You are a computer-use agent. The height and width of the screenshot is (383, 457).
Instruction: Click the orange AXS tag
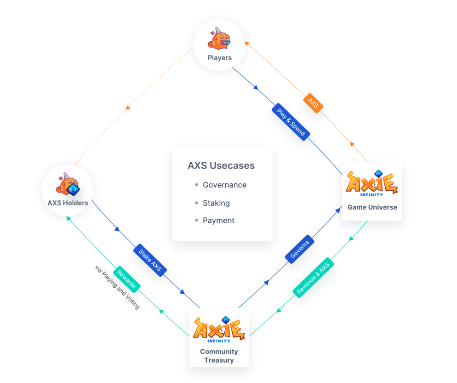tap(313, 103)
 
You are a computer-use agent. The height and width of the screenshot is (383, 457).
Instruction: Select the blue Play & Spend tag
tap(291, 121)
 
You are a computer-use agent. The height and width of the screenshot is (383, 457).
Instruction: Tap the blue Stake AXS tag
tap(151, 260)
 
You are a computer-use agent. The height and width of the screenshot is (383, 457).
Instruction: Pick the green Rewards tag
tap(127, 280)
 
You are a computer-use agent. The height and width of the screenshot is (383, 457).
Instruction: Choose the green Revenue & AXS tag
tap(313, 277)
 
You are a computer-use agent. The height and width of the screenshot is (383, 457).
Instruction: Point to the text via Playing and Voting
tap(117, 287)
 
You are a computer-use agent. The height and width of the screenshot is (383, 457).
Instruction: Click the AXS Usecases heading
tap(221, 165)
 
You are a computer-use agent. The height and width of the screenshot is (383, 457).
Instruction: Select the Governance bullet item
tap(224, 185)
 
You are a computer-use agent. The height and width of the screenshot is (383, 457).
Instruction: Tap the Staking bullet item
tap(216, 202)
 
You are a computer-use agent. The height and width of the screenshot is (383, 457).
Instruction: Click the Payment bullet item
tap(219, 220)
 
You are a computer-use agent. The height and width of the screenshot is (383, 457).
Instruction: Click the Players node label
tap(219, 58)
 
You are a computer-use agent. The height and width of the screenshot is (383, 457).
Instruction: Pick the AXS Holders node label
tap(68, 203)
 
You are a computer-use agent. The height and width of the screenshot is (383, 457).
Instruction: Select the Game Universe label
tap(372, 207)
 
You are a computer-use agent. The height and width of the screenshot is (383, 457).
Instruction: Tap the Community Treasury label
tap(219, 356)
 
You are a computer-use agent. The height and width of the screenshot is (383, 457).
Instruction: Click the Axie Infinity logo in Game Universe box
tap(372, 183)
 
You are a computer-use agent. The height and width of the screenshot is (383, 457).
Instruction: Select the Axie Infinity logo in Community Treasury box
tap(219, 329)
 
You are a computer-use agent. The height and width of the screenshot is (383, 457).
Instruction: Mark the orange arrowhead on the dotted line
tap(128, 108)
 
